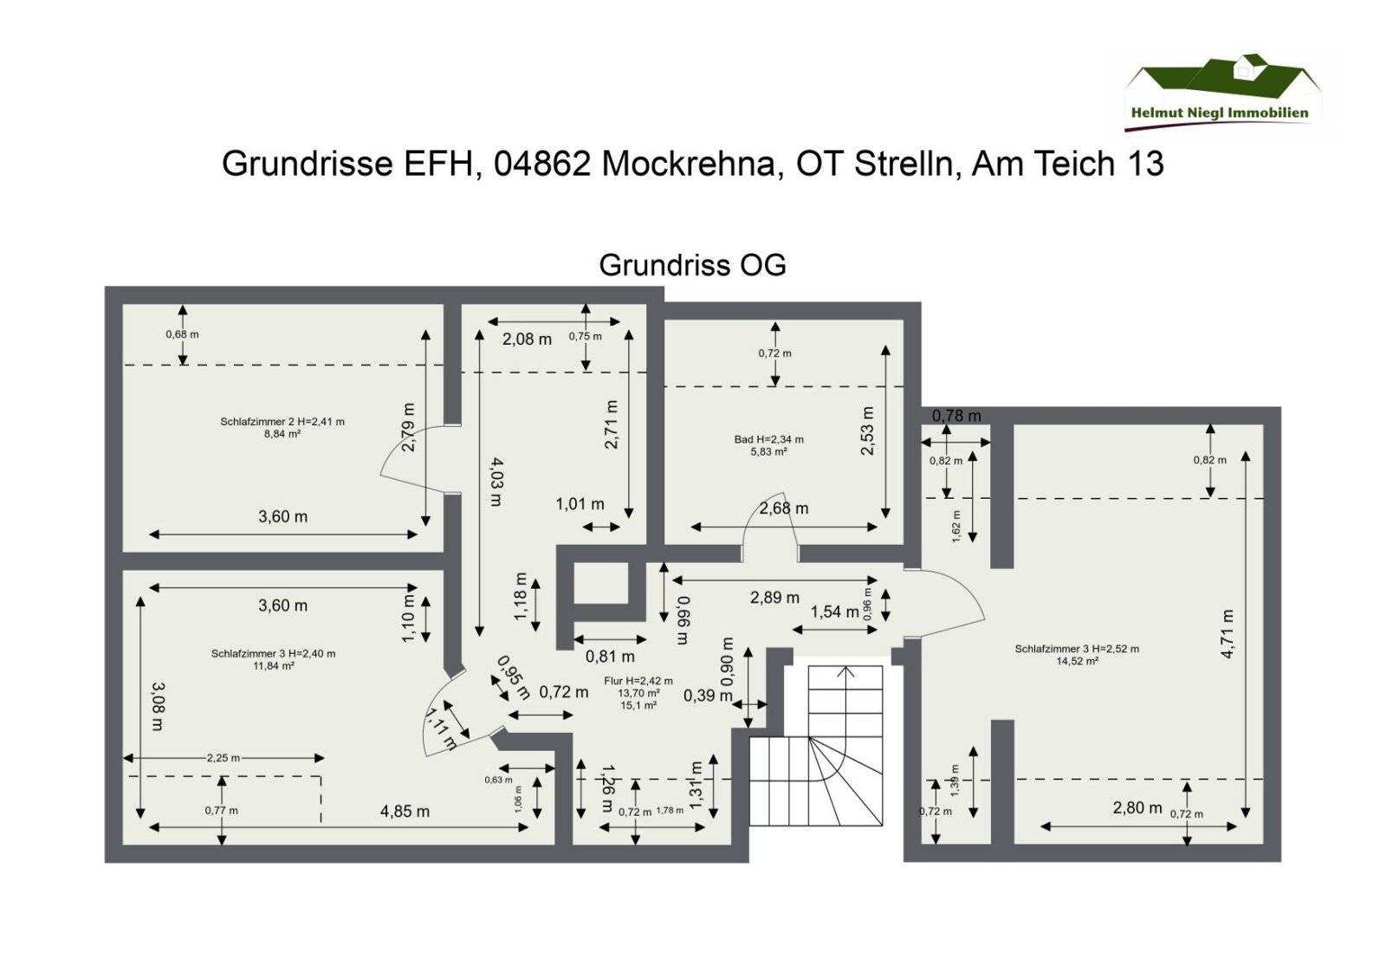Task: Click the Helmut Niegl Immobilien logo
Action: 1221,91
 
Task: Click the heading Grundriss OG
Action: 692,265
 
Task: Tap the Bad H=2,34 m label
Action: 768,439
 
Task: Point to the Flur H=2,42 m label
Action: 638,681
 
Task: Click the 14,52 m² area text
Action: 1077,661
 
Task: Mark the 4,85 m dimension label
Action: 405,812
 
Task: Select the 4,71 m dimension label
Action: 1227,633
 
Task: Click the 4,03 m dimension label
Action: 496,482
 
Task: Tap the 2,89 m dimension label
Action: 774,598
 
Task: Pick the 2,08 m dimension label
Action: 527,340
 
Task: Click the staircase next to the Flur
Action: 815,754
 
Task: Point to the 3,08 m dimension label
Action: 157,706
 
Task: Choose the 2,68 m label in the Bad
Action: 784,508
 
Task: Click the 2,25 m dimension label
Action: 223,758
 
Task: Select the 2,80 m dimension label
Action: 1137,808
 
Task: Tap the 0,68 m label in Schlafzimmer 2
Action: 182,334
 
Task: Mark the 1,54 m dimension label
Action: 834,612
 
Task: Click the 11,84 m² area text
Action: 273,666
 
